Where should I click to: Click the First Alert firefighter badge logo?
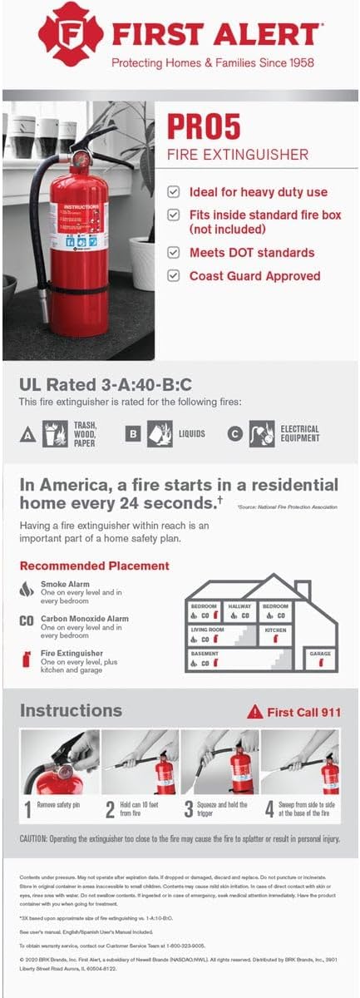click(71, 34)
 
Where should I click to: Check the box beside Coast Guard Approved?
click(173, 275)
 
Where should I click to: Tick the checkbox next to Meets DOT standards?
click(173, 252)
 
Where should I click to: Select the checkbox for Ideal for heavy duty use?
click(173, 191)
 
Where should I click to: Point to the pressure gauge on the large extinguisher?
click(81, 157)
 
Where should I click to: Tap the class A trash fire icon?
click(54, 433)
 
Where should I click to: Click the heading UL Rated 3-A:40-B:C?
click(106, 384)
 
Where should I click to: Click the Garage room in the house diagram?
click(320, 657)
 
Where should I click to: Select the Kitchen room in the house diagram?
click(276, 635)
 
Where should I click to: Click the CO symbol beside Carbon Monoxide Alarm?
click(27, 620)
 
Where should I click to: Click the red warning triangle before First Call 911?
click(254, 712)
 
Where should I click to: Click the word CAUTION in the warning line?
click(37, 839)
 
